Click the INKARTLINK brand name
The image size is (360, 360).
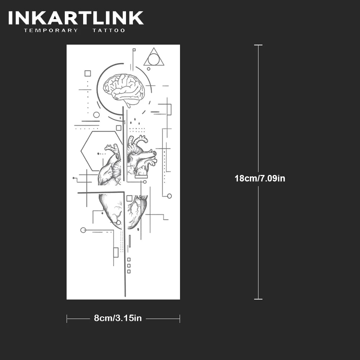point(76,18)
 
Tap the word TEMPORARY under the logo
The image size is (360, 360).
point(51,31)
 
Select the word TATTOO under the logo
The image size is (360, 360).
point(109,31)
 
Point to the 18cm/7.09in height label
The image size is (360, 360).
point(260,178)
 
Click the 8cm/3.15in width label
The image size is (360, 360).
point(118,318)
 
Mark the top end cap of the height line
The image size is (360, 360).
point(258,45)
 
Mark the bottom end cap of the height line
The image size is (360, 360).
point(258,299)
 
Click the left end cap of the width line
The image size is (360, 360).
point(67,318)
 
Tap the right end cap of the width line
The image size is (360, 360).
point(180,318)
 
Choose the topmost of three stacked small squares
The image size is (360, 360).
point(129,259)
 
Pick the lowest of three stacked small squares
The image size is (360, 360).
point(129,271)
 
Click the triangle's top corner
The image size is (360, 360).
point(154,48)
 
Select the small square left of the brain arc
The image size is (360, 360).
point(87,73)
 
